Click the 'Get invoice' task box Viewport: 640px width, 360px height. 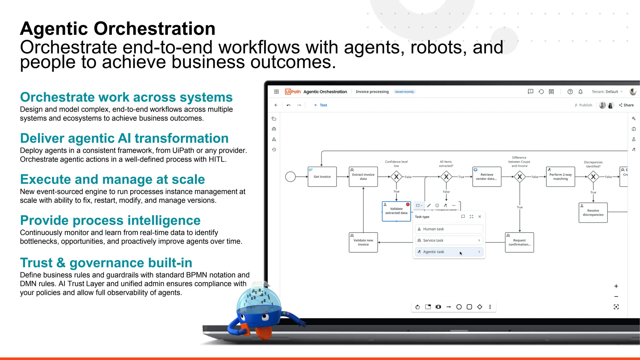tap(322, 177)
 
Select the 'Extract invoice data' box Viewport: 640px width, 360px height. tap(363, 177)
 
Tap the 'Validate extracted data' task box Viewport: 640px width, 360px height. tap(396, 211)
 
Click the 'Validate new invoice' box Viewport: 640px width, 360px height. tap(363, 242)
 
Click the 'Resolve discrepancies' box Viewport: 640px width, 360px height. tap(593, 212)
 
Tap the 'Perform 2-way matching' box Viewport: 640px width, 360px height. tap(560, 177)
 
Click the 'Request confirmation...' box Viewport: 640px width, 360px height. tap(519, 242)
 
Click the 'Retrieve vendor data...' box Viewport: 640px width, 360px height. tap(487, 177)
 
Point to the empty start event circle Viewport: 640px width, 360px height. tap(290, 177)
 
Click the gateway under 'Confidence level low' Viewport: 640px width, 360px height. tap(396, 177)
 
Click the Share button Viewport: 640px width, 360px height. tap(626, 105)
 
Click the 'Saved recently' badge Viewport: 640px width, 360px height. tap(404, 92)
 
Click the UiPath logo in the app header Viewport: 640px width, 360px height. tap(293, 92)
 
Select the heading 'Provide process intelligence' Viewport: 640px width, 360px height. tap(110, 220)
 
